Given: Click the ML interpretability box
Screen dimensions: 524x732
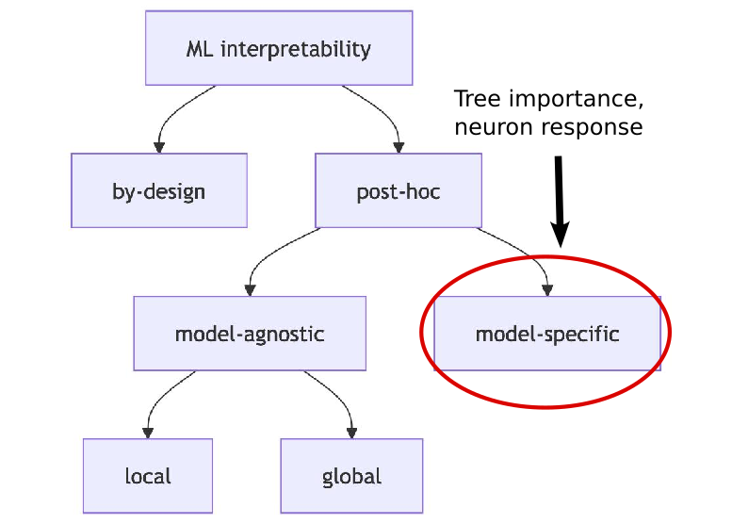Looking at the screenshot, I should pyautogui.click(x=279, y=48).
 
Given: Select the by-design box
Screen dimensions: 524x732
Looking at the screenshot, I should pyautogui.click(x=158, y=191).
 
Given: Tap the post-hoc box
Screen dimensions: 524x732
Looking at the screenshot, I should pyautogui.click(x=398, y=191).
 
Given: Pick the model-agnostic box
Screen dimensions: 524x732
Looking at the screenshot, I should pyautogui.click(x=250, y=334).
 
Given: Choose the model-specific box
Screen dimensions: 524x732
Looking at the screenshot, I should pyautogui.click(x=546, y=334).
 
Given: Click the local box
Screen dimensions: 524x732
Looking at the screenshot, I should pyautogui.click(x=148, y=476).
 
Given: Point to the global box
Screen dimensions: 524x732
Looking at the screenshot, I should pyautogui.click(x=351, y=476).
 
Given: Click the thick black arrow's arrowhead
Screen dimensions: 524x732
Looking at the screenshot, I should pyautogui.click(x=560, y=235).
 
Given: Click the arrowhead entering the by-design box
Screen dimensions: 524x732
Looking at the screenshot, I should pyautogui.click(x=159, y=146).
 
